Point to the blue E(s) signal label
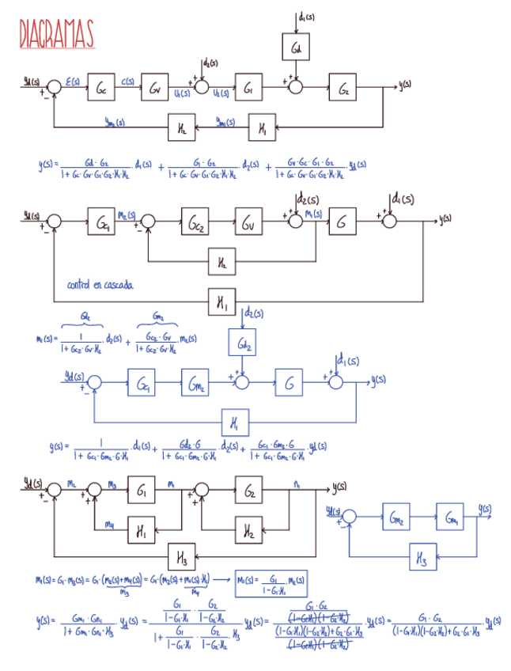[x=72, y=81]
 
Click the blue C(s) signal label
[x=128, y=81]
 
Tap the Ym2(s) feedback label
[x=115, y=121]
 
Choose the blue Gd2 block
[x=244, y=344]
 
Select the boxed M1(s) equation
[x=271, y=582]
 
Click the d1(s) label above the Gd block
[x=307, y=15]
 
